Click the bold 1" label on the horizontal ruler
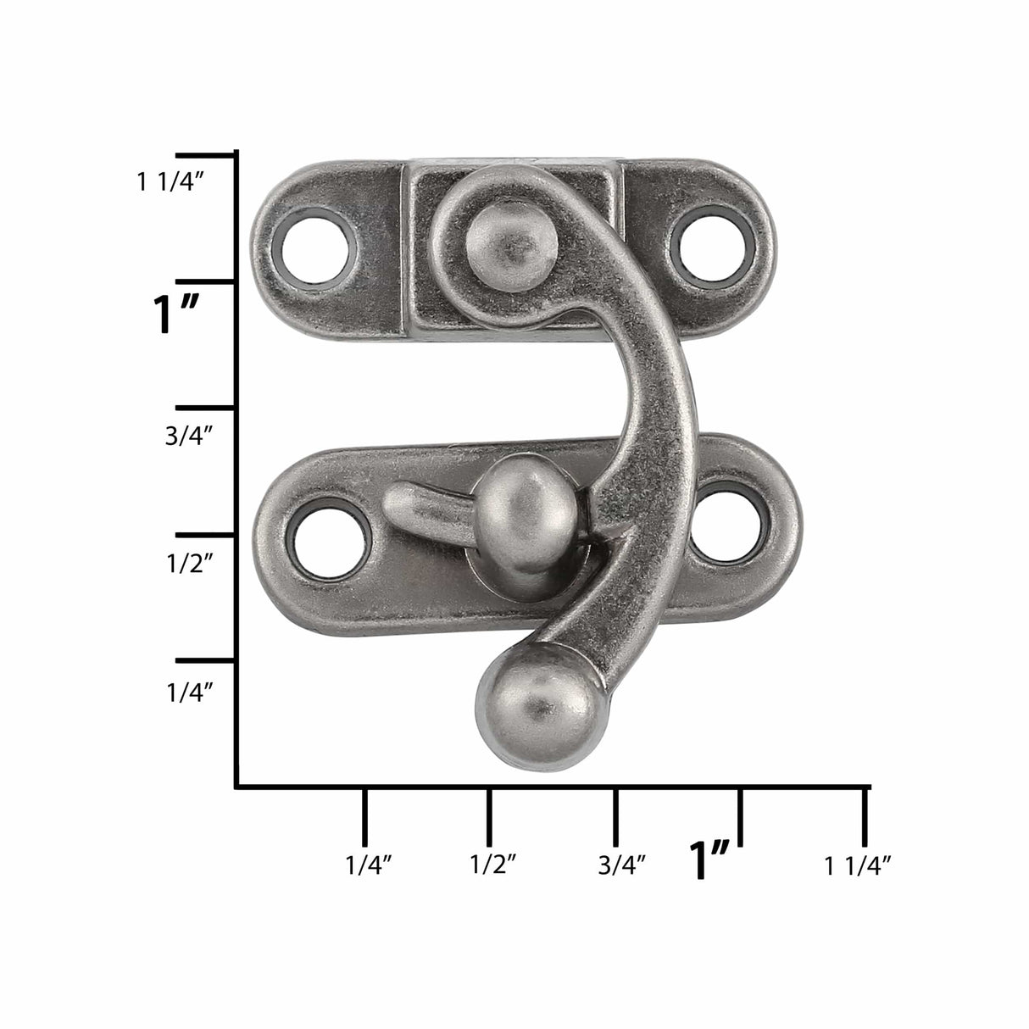pyautogui.click(x=710, y=859)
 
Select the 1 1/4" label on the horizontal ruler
pyautogui.click(x=857, y=865)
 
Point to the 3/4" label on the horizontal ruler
pyautogui.click(x=622, y=865)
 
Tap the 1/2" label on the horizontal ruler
pyautogui.click(x=493, y=865)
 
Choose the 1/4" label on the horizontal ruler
pyautogui.click(x=368, y=865)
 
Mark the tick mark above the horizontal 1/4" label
pyautogui.click(x=364, y=816)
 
